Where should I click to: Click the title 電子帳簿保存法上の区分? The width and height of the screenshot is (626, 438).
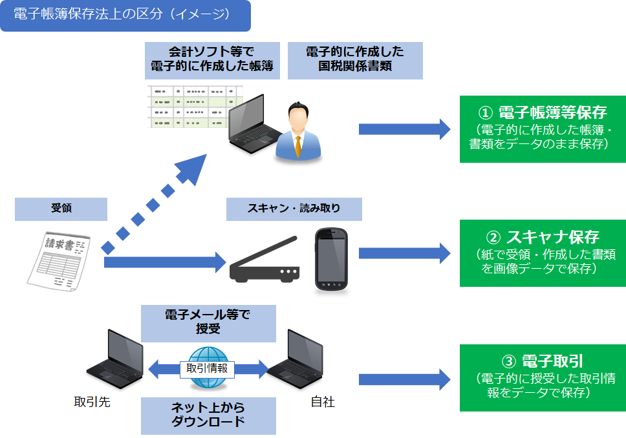125,16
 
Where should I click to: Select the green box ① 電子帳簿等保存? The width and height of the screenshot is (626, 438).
543,129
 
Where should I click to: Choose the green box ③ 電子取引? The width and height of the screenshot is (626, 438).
543,378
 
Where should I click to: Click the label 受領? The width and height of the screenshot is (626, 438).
61,209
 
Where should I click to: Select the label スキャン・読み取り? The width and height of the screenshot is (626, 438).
294,209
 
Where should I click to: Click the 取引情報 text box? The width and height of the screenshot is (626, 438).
207,368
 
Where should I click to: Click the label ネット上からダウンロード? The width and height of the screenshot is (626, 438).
208,415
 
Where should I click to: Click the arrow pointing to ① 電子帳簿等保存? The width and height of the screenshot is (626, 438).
404,129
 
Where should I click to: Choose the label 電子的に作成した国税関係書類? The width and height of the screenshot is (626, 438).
355,60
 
